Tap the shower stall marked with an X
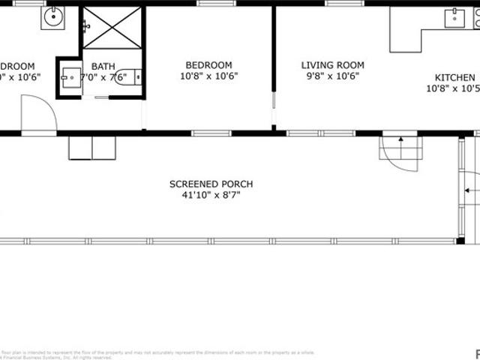coord(111,28)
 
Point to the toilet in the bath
coord(130,76)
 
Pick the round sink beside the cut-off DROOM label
coord(53,16)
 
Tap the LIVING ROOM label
coord(327,65)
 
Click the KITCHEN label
coord(455,77)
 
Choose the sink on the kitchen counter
coord(455,17)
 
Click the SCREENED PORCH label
coord(211,184)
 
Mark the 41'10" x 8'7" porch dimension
coord(211,195)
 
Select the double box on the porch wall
coord(91,148)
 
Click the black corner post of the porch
coord(460,241)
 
